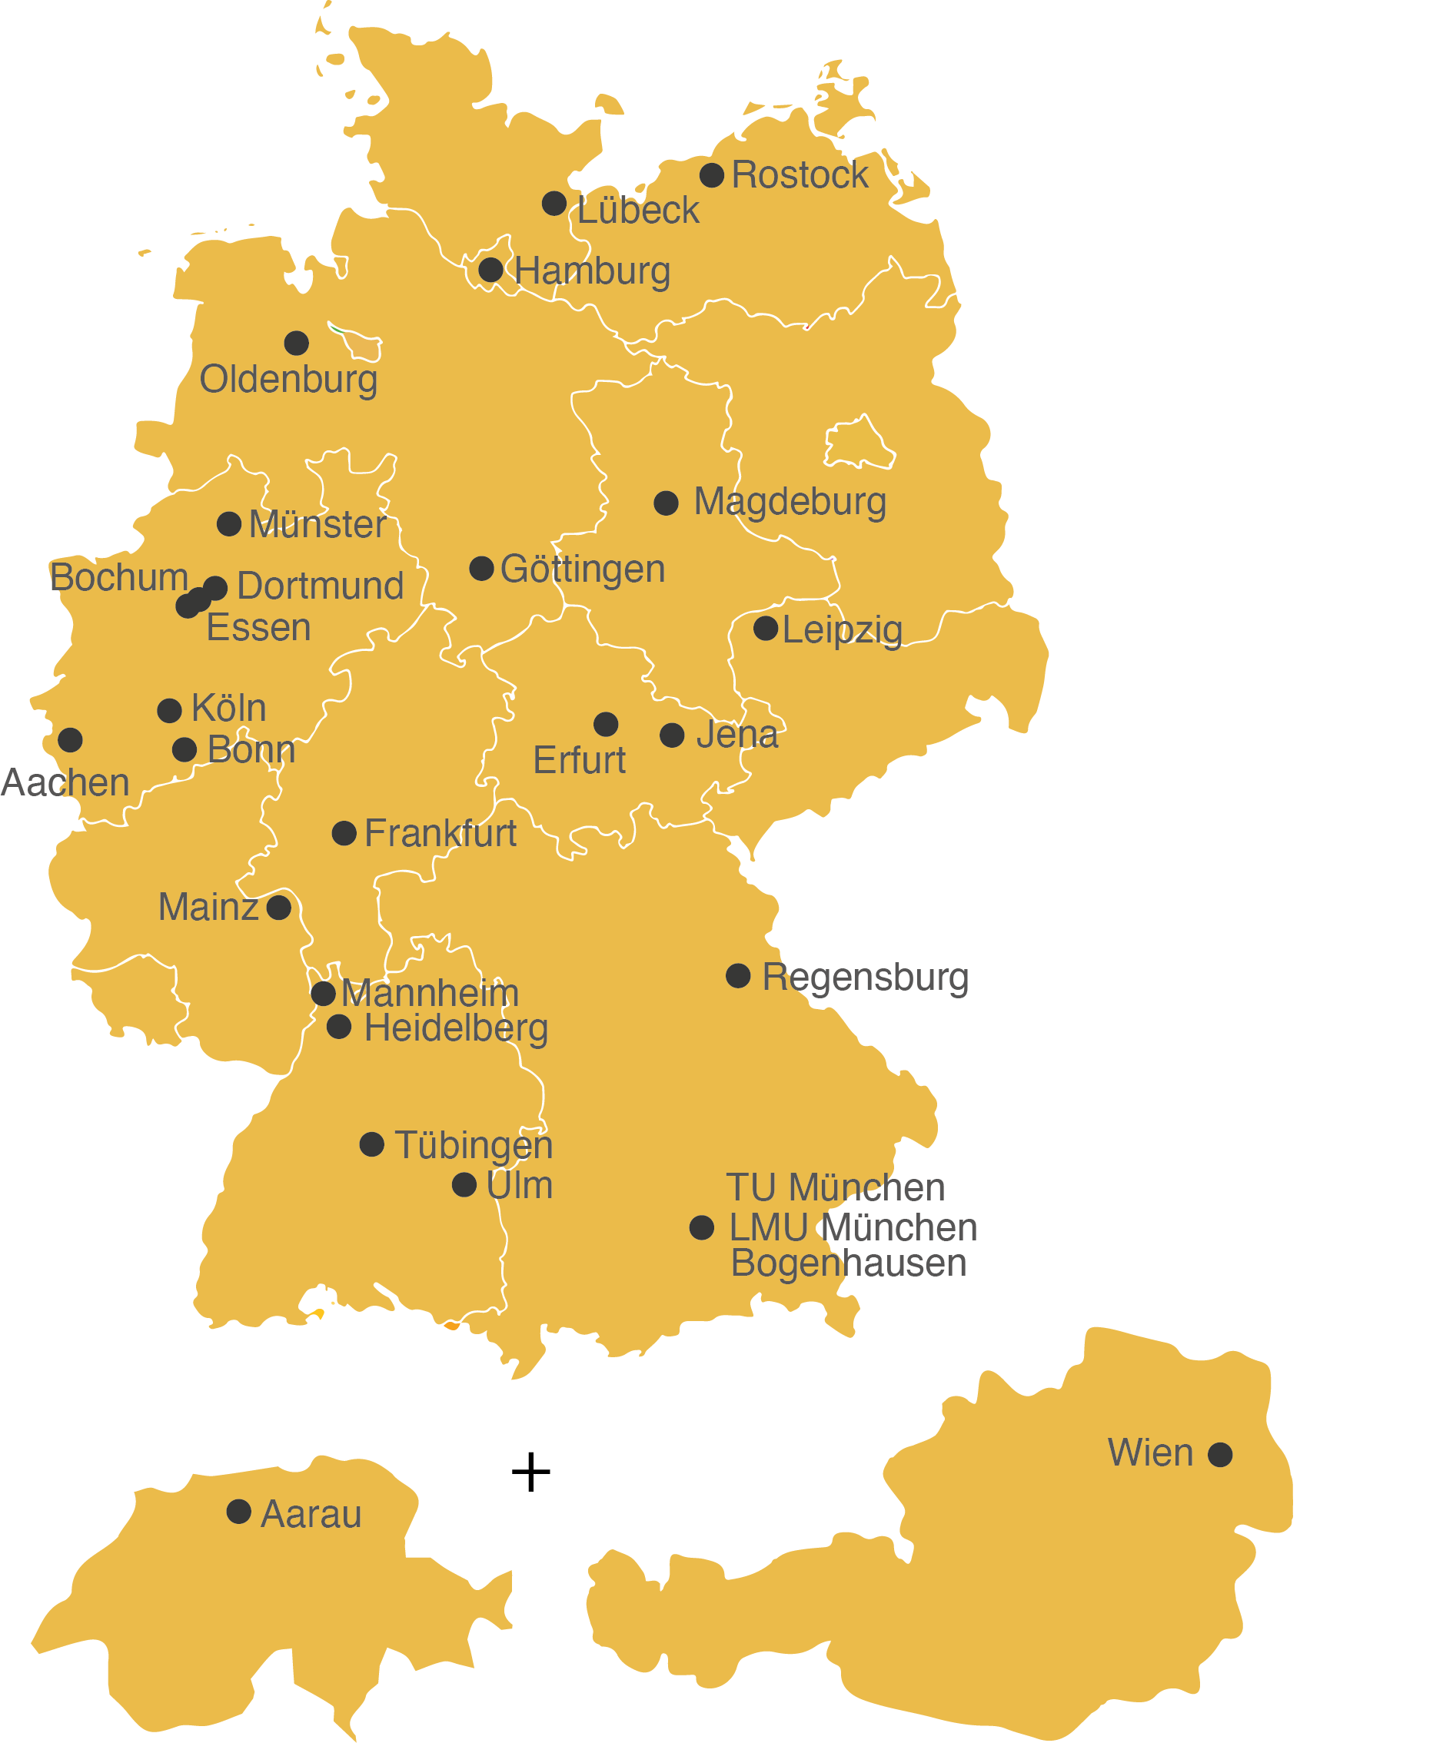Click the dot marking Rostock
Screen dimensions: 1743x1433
712,175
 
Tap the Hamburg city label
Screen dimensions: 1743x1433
592,271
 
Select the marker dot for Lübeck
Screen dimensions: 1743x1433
554,203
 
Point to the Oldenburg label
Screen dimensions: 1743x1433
288,380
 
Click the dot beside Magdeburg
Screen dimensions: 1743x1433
667,503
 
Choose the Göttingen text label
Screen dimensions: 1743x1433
582,569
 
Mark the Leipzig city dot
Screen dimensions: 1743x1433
766,628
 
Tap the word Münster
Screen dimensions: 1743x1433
317,524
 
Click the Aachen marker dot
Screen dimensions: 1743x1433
70,739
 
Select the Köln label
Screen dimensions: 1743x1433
228,708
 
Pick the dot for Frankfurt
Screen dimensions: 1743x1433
344,833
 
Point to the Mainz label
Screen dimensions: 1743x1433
208,907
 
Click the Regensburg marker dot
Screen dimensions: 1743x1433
738,975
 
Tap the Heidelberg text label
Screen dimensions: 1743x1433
456,1028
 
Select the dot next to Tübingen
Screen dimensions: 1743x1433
371,1144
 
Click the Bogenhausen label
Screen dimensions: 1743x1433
849,1263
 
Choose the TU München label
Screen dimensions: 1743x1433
836,1187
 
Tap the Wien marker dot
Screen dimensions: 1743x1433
1220,1454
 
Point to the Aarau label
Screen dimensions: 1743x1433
311,1513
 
